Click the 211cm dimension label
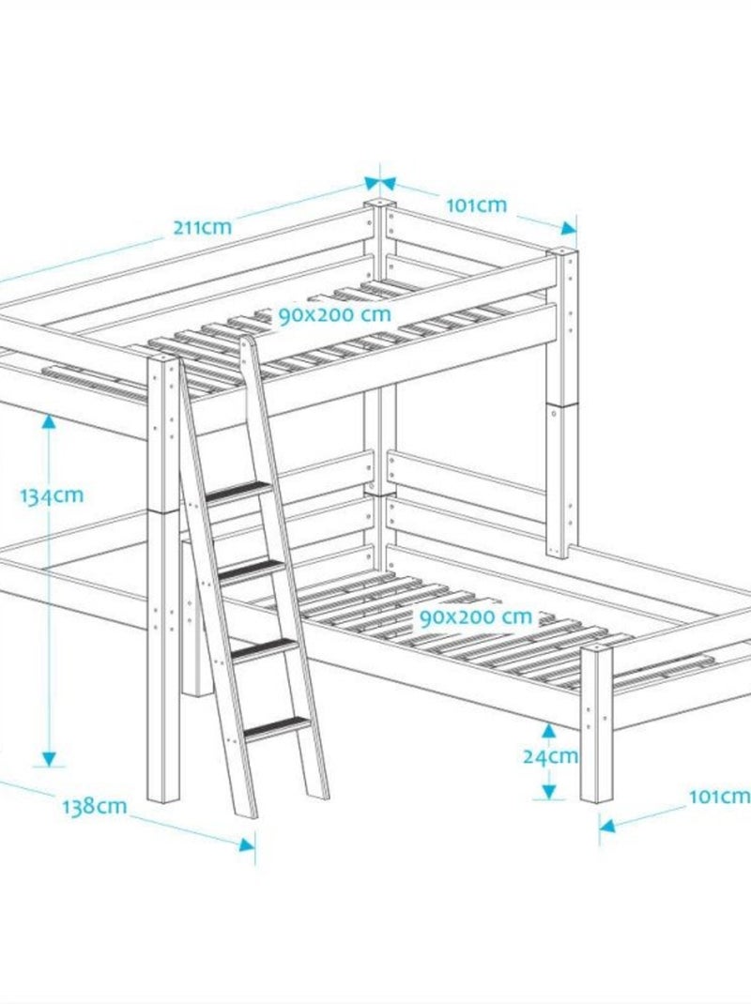(x=203, y=227)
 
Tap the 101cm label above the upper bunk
(x=476, y=205)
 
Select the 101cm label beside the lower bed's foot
(x=719, y=797)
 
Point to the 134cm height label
(x=52, y=496)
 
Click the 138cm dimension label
(x=94, y=806)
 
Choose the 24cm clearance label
(x=550, y=757)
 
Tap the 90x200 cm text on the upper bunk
(x=334, y=315)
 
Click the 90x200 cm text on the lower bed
(x=476, y=617)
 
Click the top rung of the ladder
(x=238, y=492)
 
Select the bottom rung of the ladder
(x=276, y=729)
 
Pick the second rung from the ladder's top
(x=252, y=570)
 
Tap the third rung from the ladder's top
(x=264, y=649)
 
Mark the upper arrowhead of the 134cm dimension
(x=49, y=421)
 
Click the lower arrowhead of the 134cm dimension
(x=49, y=759)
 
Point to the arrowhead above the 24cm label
(x=548, y=731)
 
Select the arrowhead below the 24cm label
(x=548, y=792)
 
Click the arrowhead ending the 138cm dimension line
(x=247, y=844)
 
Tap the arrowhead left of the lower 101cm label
(x=607, y=826)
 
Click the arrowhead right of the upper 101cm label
(x=568, y=228)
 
